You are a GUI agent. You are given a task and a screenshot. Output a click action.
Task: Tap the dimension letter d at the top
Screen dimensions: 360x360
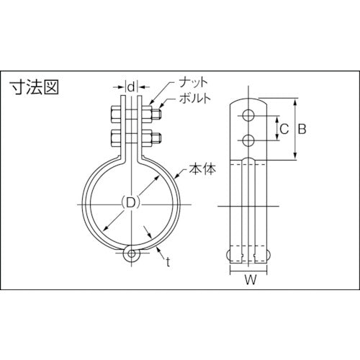[x=130, y=88]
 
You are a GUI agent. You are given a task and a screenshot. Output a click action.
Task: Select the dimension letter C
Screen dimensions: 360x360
[x=284, y=130]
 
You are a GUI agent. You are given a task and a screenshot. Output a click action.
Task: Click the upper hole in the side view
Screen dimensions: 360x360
[x=248, y=116]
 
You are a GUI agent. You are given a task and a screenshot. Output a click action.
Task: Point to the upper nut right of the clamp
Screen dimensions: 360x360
[x=153, y=114]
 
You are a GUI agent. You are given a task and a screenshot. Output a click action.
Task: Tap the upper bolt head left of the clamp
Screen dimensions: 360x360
[x=114, y=114]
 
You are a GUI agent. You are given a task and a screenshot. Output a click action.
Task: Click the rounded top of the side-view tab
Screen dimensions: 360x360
[x=248, y=102]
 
